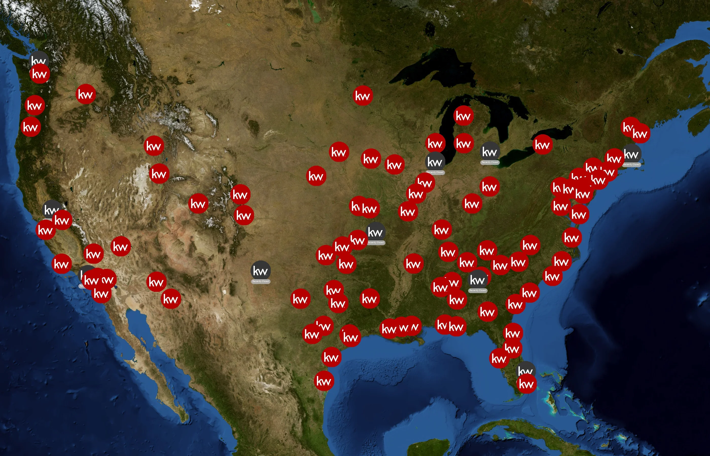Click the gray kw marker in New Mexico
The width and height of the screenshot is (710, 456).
[260, 270]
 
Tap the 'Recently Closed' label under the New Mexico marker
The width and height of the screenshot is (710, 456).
[260, 281]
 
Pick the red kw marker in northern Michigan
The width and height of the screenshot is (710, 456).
[463, 116]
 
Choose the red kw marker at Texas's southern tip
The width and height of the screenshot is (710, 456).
[324, 381]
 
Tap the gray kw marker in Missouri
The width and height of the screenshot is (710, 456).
[376, 232]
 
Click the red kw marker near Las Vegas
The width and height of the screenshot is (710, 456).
[120, 246]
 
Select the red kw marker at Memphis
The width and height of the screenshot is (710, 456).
[413, 263]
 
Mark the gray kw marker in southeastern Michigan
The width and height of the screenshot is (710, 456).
[490, 151]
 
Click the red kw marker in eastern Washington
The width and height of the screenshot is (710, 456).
[86, 94]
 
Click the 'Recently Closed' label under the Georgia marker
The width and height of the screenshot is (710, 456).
[477, 291]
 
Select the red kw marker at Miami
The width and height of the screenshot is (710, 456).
[526, 384]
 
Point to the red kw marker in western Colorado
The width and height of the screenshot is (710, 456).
[198, 203]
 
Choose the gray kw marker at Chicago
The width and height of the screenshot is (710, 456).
[435, 162]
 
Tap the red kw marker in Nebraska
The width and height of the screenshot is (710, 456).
[316, 176]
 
